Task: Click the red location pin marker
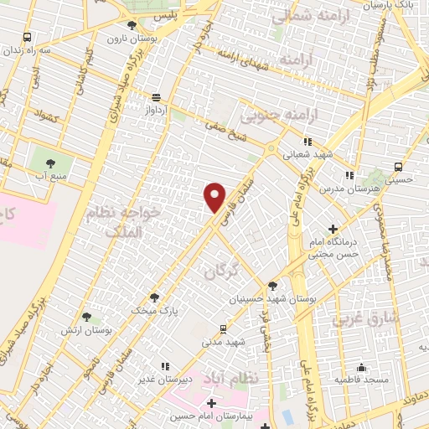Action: pos(214,197)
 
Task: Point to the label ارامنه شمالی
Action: pos(291,13)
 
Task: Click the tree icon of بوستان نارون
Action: pos(132,25)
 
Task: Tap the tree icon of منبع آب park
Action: pos(50,163)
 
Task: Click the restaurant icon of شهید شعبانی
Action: pos(308,142)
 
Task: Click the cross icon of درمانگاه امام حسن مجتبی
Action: pos(333,229)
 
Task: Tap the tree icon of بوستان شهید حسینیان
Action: pos(273,286)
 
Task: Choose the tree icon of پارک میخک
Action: pos(153,296)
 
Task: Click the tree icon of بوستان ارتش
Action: pos(86,317)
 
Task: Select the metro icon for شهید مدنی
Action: pos(222,328)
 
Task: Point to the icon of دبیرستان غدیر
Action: pos(164,365)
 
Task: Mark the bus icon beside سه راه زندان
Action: pos(28,37)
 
